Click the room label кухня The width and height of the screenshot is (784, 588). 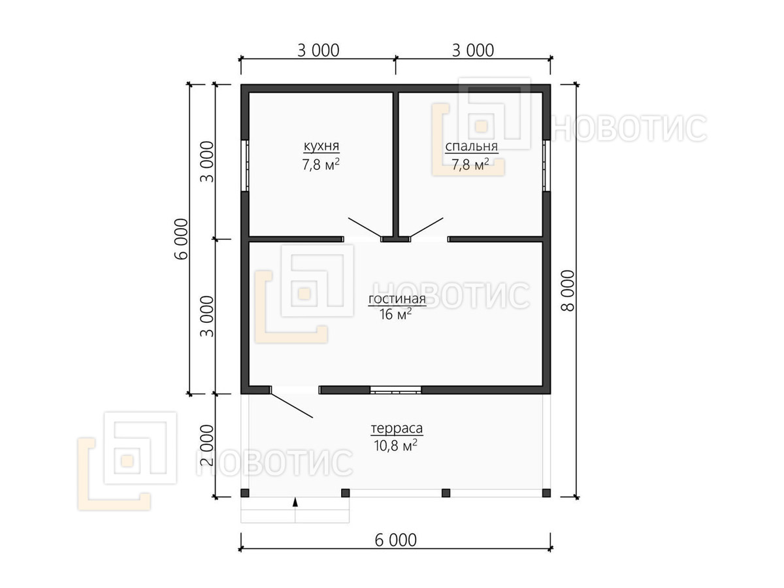click(x=321, y=147)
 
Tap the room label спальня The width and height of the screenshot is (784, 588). click(x=471, y=147)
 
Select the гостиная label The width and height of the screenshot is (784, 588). click(x=397, y=299)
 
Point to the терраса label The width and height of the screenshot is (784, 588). click(x=397, y=428)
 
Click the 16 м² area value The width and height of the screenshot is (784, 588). click(x=395, y=314)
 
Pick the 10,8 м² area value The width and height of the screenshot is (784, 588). click(x=395, y=446)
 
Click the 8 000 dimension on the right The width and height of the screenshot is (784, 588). click(x=568, y=291)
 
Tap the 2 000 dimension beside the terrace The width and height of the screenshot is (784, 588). click(x=207, y=445)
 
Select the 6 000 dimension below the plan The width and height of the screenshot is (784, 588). click(x=395, y=540)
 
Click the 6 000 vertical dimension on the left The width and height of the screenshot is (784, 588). click(x=181, y=239)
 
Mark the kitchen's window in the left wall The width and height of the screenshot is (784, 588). click(x=245, y=166)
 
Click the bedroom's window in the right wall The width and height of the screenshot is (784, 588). click(x=546, y=166)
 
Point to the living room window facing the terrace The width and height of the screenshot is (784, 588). click(x=395, y=390)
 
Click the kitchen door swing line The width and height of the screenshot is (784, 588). click(x=365, y=227)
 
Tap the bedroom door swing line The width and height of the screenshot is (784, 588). click(x=427, y=227)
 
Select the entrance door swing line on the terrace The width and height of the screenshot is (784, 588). click(x=291, y=406)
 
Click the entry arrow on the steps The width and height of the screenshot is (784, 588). click(x=295, y=502)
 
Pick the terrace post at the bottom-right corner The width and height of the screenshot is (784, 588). click(x=546, y=493)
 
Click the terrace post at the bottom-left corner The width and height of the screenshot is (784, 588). click(x=245, y=493)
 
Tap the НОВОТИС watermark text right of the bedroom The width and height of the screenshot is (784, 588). click(x=629, y=128)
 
